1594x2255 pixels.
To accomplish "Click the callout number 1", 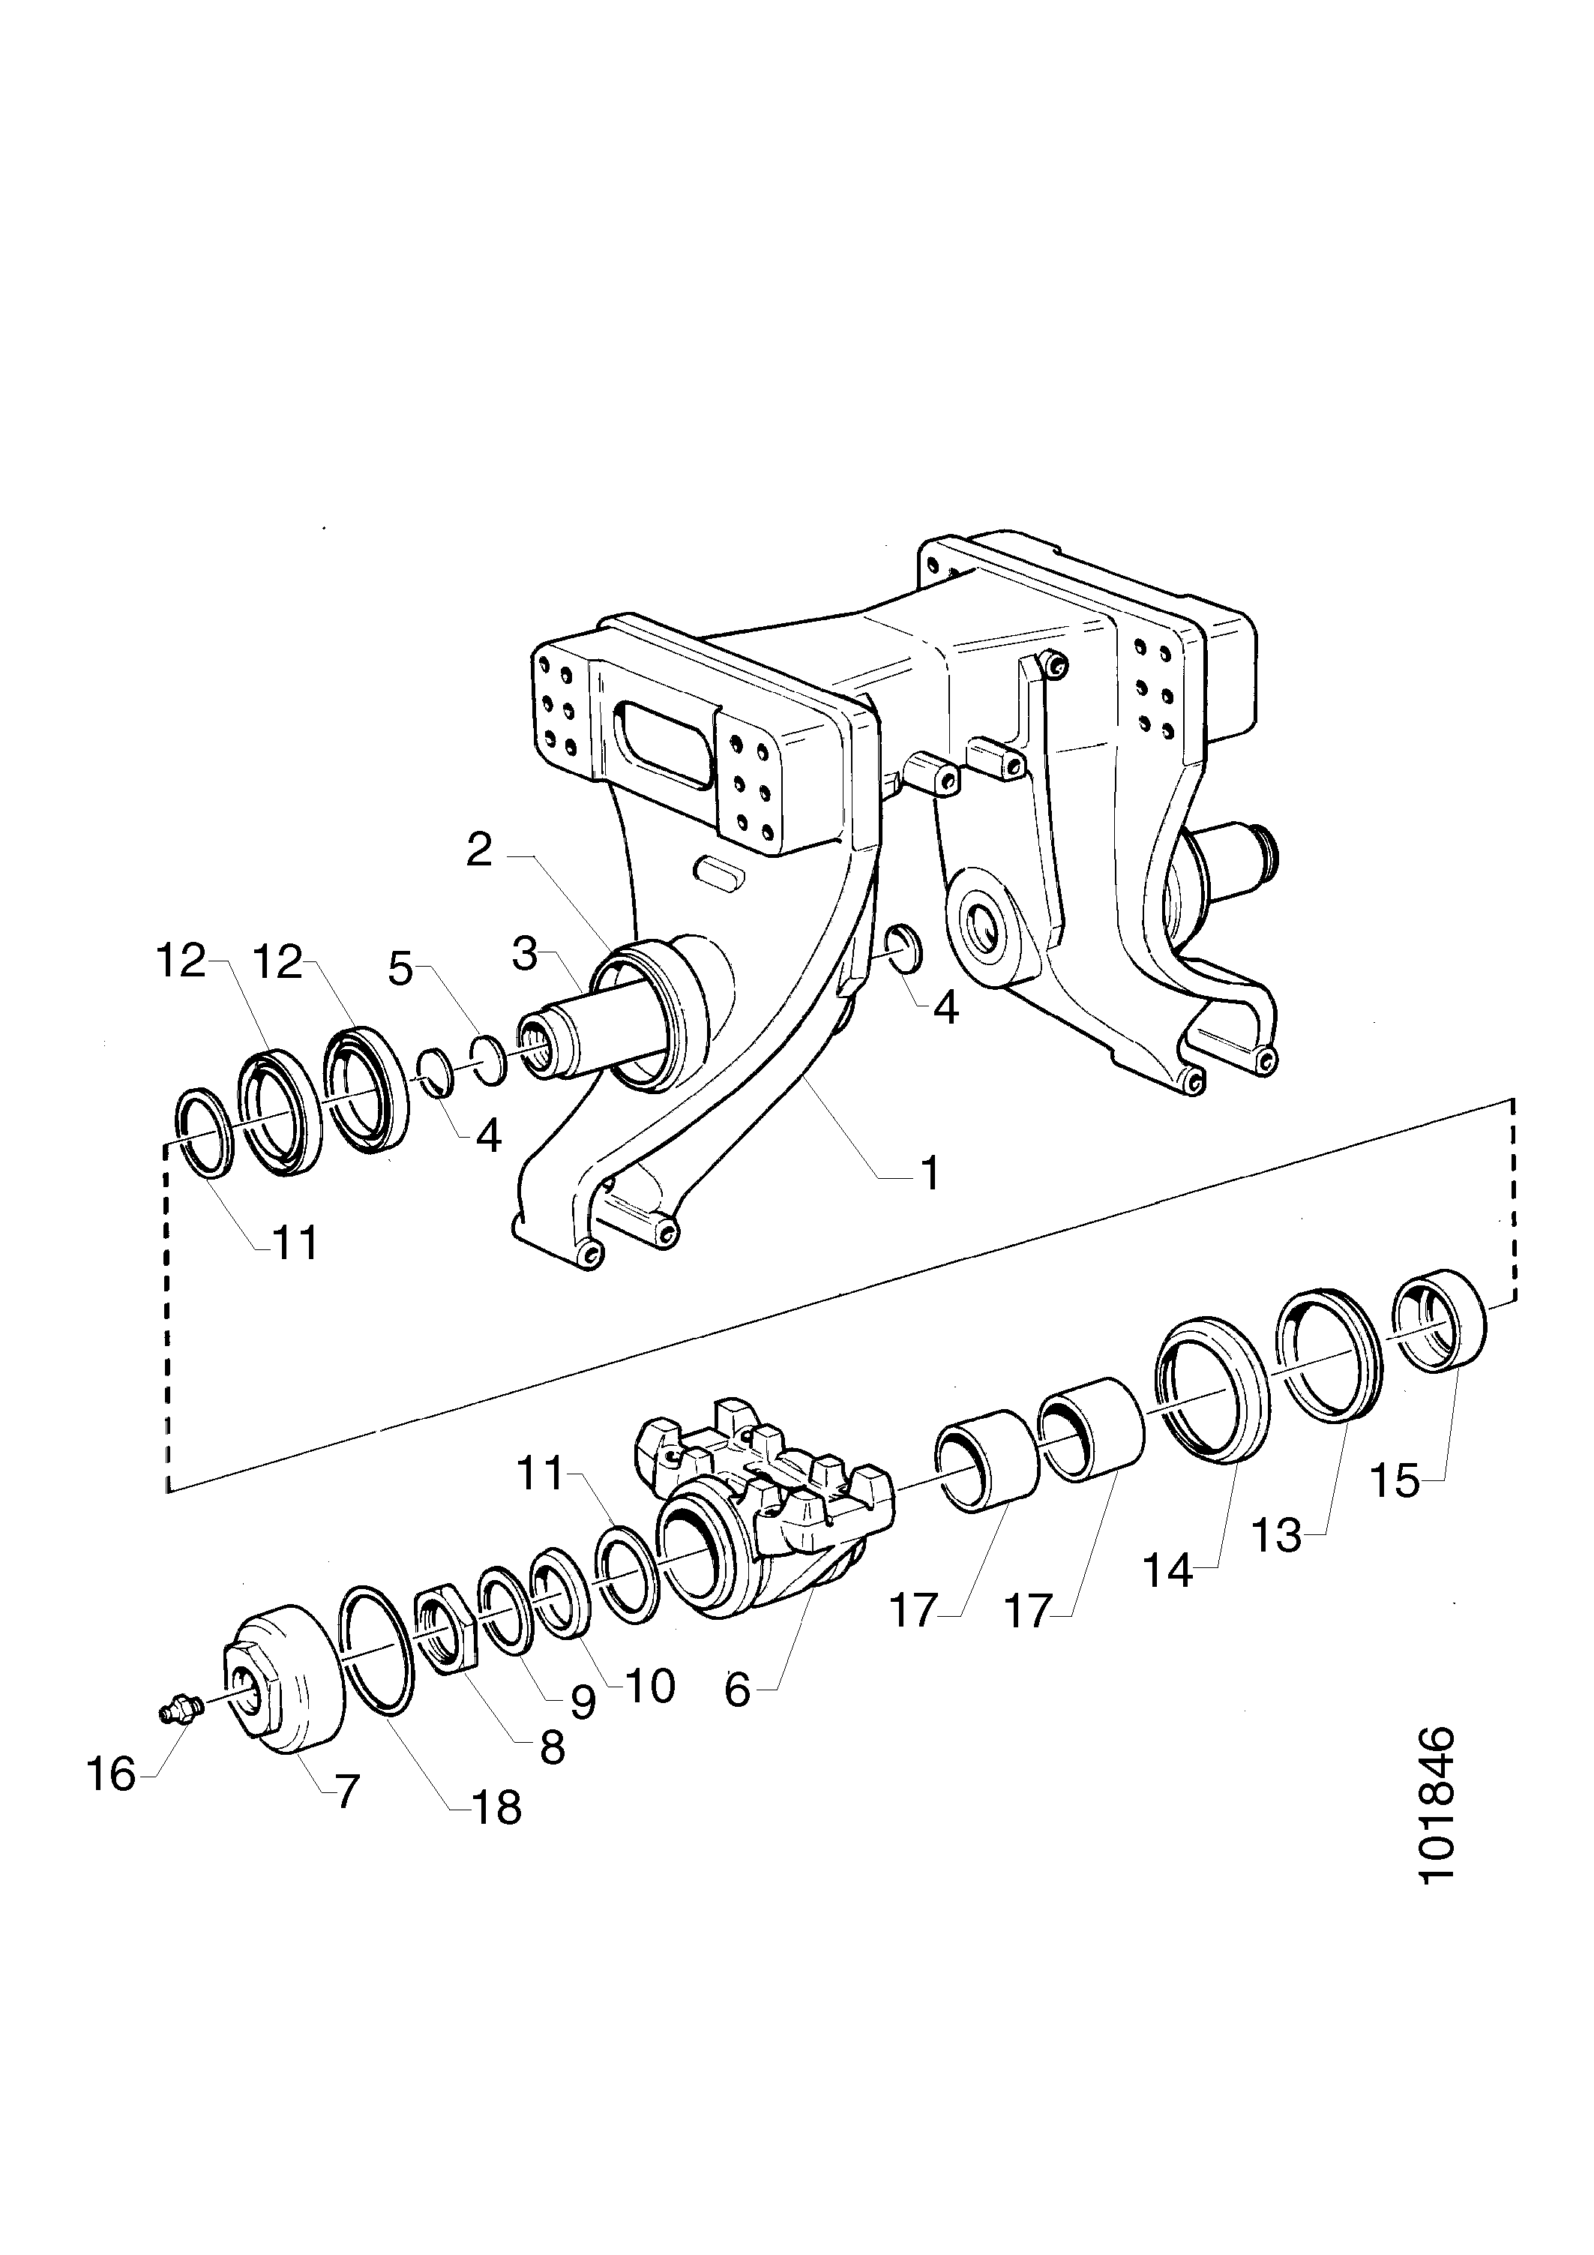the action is click(928, 1173).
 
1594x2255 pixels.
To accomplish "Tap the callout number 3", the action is click(526, 954).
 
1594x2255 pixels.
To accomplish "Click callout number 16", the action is click(110, 1775).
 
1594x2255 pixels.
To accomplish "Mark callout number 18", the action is click(496, 1808).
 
